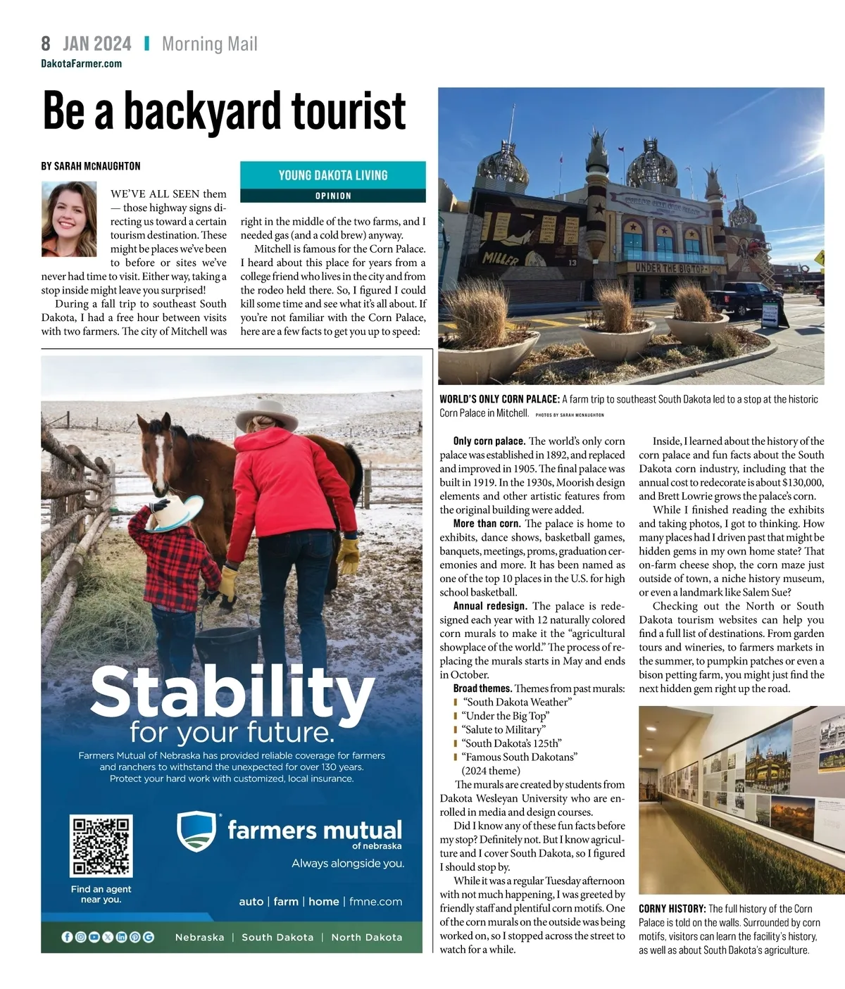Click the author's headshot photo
69,219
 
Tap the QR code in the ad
101,845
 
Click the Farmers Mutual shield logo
196,831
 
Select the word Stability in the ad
232,691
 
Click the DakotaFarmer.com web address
81,63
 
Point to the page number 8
46,44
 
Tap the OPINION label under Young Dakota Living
333,196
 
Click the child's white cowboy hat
177,511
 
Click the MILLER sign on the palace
501,260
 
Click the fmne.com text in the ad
376,901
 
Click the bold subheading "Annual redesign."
490,606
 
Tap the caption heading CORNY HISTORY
672,909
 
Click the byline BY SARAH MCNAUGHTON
91,166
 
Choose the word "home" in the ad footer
324,901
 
